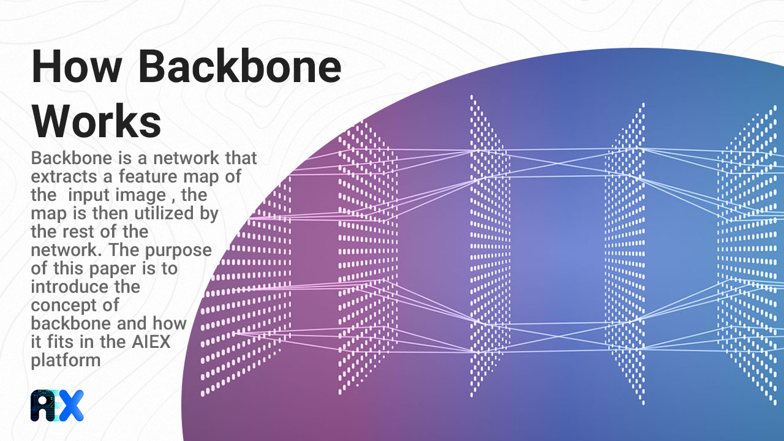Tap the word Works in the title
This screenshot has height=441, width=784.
(97, 122)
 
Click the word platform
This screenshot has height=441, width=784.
(66, 360)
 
